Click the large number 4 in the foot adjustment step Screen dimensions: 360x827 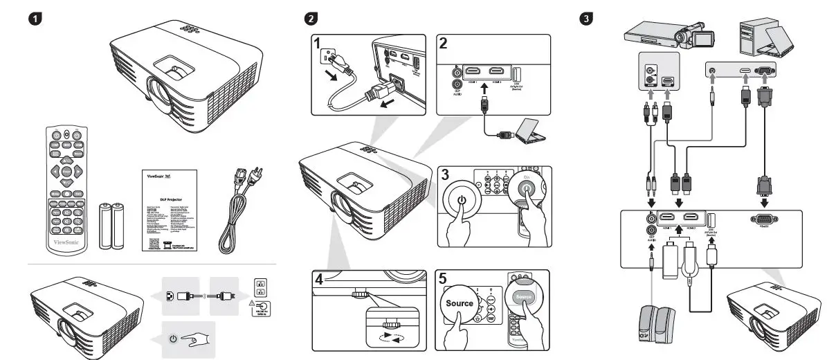pyautogui.click(x=318, y=280)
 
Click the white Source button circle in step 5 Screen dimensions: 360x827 pyautogui.click(x=460, y=304)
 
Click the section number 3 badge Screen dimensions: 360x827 pyautogui.click(x=587, y=17)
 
